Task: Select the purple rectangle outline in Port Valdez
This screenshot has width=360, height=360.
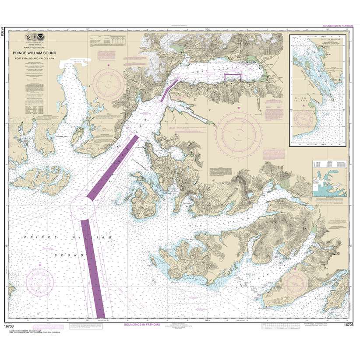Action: pos(233,77)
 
